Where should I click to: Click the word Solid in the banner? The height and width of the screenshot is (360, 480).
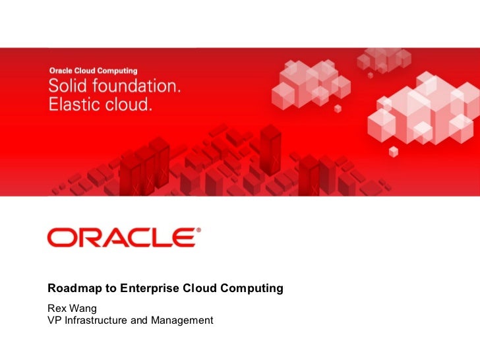(x=68, y=86)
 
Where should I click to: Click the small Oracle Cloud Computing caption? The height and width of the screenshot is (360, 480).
(x=94, y=70)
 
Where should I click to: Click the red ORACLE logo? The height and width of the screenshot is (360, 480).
(x=121, y=237)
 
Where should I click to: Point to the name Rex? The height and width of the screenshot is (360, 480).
(x=57, y=308)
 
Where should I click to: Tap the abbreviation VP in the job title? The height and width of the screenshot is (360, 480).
(x=54, y=320)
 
